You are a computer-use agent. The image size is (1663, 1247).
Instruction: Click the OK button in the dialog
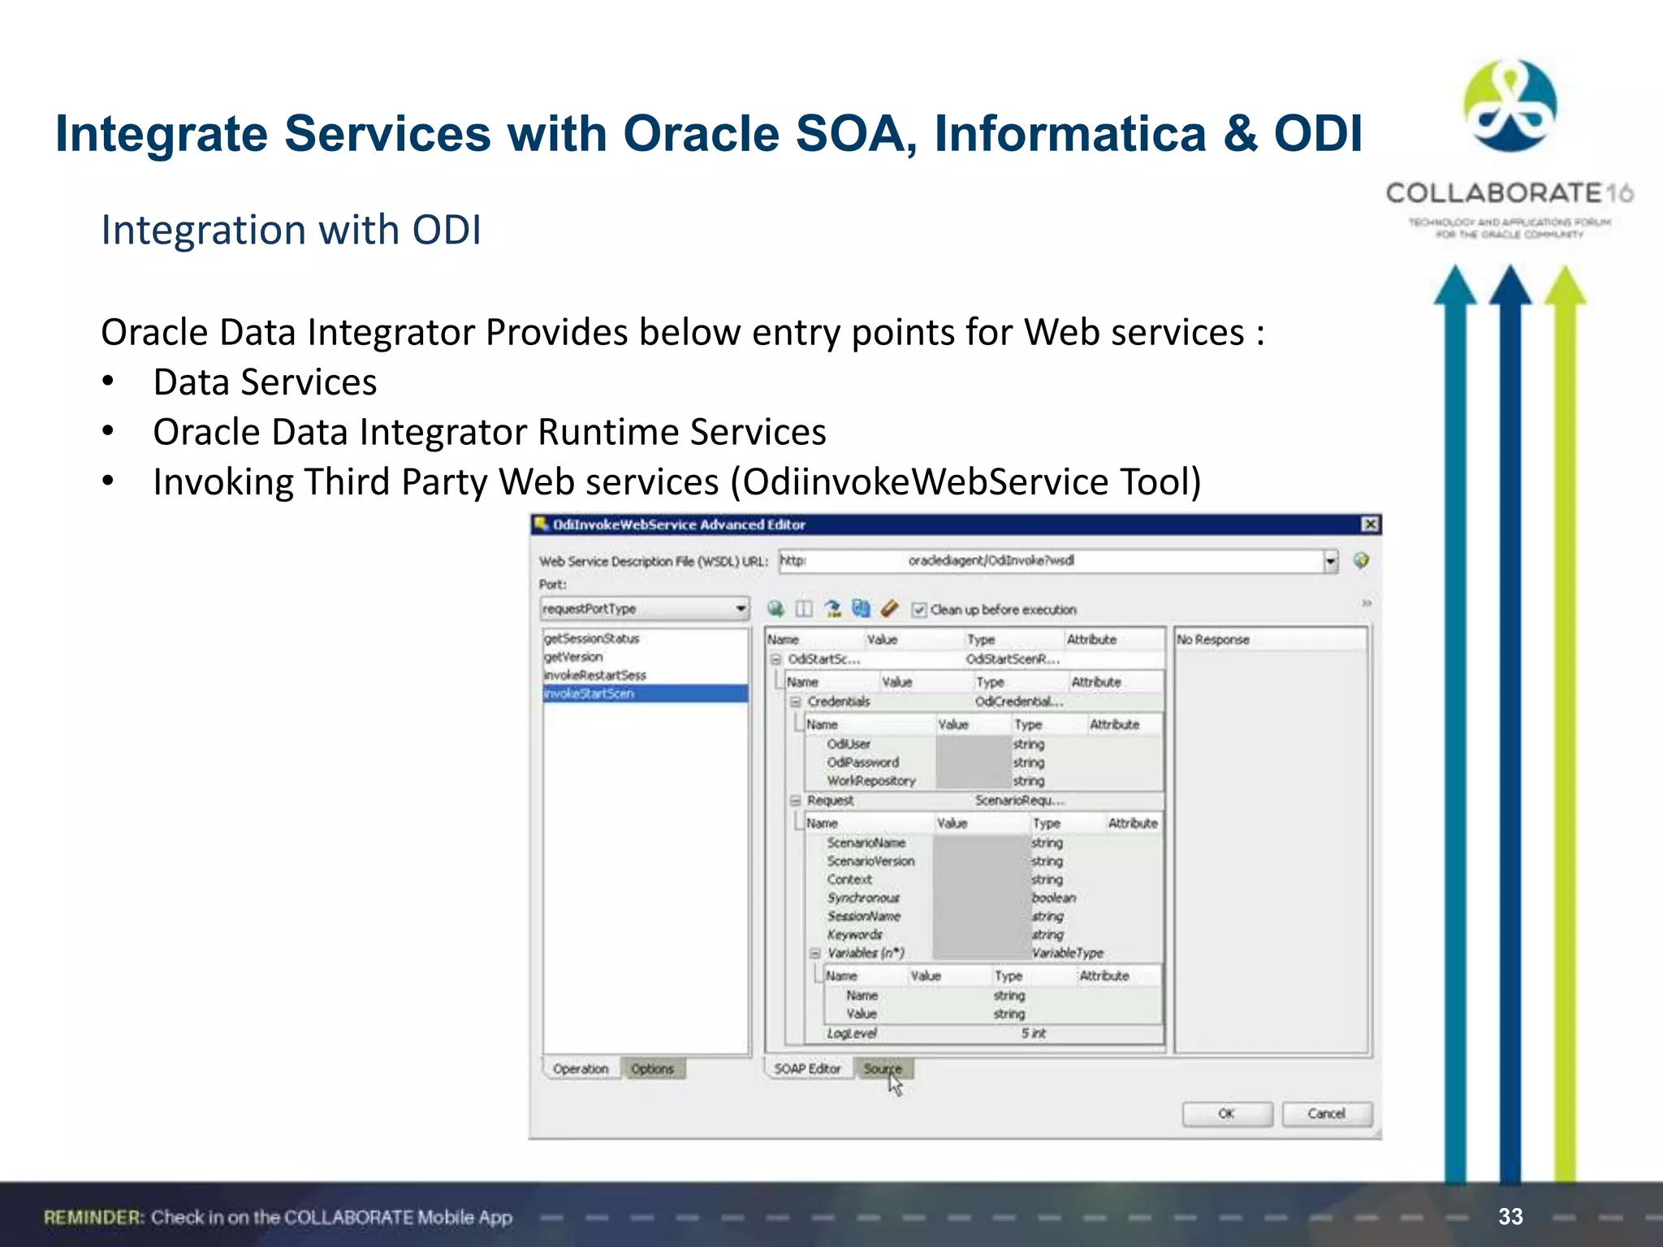[1226, 1114]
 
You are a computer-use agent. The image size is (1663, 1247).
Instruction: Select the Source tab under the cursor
[883, 1068]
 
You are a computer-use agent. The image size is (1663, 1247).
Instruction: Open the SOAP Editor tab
[807, 1068]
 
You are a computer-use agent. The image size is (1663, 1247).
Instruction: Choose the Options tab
[653, 1068]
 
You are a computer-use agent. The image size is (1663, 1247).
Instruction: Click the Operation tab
[581, 1068]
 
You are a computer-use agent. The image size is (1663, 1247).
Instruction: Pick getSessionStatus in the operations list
[592, 639]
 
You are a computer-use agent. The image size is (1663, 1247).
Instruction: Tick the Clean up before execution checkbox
[919, 610]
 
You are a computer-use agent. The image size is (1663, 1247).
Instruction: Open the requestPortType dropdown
[740, 608]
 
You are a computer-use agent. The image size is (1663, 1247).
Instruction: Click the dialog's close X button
[1370, 524]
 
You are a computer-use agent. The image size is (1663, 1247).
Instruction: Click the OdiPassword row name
[862, 762]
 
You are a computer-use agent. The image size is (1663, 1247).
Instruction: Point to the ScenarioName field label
[866, 843]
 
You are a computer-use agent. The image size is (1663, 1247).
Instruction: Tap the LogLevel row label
[852, 1033]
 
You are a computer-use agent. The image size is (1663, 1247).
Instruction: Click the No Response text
[1213, 640]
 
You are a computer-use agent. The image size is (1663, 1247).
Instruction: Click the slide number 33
[1510, 1216]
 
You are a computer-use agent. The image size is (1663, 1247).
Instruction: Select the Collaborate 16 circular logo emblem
[1510, 106]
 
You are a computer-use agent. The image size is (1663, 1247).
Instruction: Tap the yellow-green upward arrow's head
[1565, 287]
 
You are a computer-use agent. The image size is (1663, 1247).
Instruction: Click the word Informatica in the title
[1069, 134]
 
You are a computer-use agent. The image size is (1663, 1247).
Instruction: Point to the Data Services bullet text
[265, 382]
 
